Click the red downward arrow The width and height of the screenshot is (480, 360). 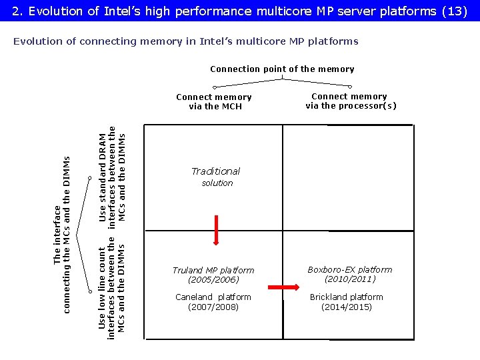coord(216,230)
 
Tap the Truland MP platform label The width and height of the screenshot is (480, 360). coord(213,270)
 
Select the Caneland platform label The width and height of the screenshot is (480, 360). coord(213,297)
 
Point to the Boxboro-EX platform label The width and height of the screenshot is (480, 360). coord(349,269)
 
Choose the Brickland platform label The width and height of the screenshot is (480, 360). coord(347,297)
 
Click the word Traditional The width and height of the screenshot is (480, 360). coord(215,171)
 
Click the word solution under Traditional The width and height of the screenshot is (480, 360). coord(217,183)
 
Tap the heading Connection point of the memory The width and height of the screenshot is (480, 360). coord(282,69)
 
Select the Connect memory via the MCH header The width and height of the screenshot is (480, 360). coord(214,101)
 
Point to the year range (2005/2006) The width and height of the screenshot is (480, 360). coord(213,280)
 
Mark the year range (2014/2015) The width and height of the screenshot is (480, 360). coord(347,307)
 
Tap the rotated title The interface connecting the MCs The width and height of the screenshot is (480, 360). coord(62,233)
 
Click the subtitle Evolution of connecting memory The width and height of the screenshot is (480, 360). coord(185,41)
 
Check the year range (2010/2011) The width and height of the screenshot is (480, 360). coord(350,279)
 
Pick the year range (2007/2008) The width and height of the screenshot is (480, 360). coord(213,307)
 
